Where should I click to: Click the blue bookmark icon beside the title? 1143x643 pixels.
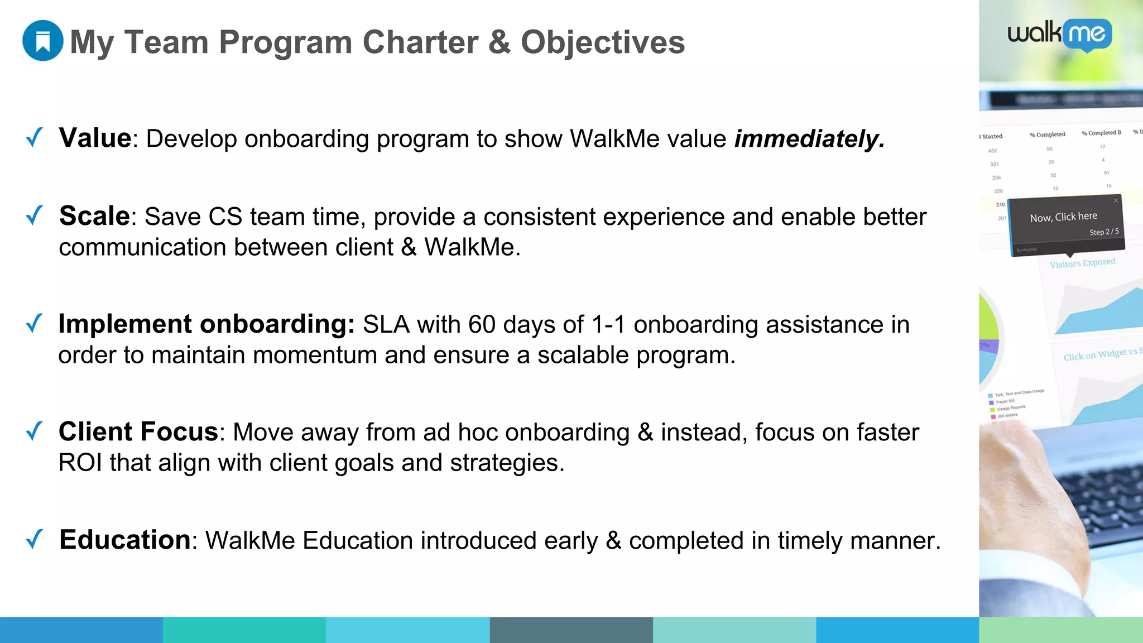42,41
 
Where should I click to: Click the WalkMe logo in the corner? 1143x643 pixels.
1059,35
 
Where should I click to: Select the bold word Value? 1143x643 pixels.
95,138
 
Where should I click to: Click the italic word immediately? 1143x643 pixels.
809,138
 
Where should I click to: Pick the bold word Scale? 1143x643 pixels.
94,216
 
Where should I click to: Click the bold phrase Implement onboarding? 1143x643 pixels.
206,324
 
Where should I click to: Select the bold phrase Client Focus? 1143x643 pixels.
138,432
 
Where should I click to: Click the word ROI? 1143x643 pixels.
80,463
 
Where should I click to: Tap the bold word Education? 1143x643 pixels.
125,540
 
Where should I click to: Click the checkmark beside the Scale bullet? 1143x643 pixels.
35,215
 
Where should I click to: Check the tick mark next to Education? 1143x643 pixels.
35,539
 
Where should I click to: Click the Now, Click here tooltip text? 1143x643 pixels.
1063,217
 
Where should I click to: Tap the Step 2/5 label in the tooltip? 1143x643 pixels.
1103,232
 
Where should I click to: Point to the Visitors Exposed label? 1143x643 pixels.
1082,263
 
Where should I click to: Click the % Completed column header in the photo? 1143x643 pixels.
1047,135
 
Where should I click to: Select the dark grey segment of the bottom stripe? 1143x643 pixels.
571,630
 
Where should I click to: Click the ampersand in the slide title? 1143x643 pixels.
499,42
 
